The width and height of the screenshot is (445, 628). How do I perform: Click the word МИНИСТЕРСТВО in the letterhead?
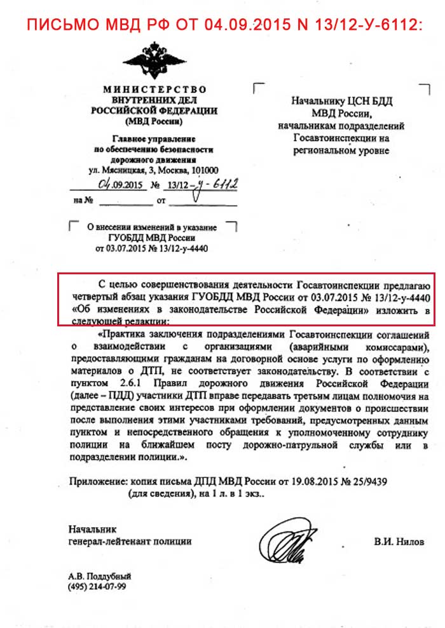(154, 90)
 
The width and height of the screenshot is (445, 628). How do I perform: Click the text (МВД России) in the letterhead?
(154, 121)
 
